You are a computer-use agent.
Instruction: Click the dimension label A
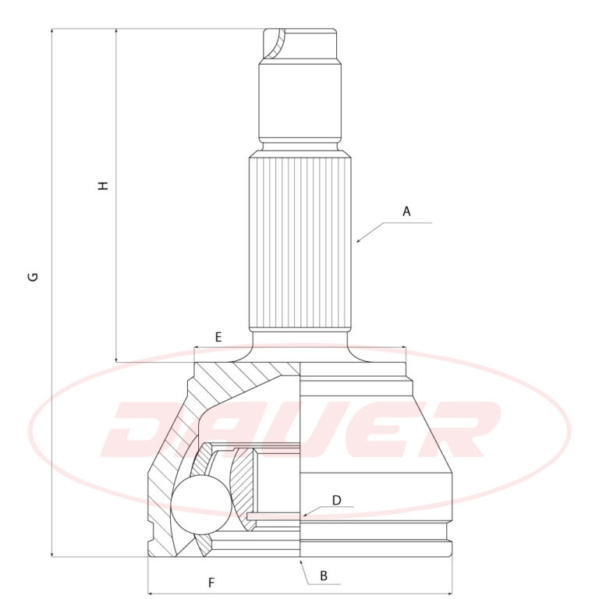pyautogui.click(x=406, y=211)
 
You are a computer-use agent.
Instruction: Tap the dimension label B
pyautogui.click(x=324, y=576)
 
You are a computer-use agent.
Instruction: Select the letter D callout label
pyautogui.click(x=337, y=500)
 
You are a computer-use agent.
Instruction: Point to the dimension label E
pyautogui.click(x=218, y=337)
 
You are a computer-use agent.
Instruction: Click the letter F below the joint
pyautogui.click(x=211, y=583)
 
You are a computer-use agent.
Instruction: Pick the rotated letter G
pyautogui.click(x=34, y=277)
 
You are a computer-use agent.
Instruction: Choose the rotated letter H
pyautogui.click(x=104, y=186)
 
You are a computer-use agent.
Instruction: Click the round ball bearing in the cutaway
pyautogui.click(x=201, y=505)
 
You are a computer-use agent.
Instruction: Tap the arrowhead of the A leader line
pyautogui.click(x=358, y=241)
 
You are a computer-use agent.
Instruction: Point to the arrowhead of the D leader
pyautogui.click(x=303, y=516)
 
